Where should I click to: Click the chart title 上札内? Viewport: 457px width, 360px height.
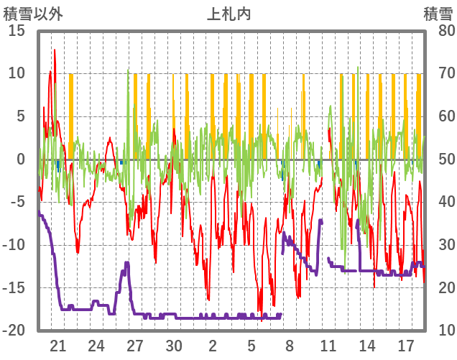point(228,14)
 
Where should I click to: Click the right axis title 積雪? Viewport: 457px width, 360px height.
point(438,14)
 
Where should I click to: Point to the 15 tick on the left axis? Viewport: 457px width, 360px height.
point(17,30)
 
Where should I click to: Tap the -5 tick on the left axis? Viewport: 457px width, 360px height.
point(17,202)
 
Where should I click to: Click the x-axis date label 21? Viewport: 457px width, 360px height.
point(58,345)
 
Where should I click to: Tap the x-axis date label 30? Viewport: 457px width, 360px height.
point(174,345)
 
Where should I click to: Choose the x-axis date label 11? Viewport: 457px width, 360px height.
point(328,345)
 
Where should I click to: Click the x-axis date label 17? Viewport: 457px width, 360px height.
point(405,345)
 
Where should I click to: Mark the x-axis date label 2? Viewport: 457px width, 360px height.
point(213,345)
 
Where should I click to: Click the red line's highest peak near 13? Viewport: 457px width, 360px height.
point(55,50)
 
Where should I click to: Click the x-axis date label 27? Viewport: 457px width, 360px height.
point(135,345)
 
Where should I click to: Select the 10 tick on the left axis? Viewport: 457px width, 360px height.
point(17,73)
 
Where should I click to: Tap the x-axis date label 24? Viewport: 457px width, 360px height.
point(97,345)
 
